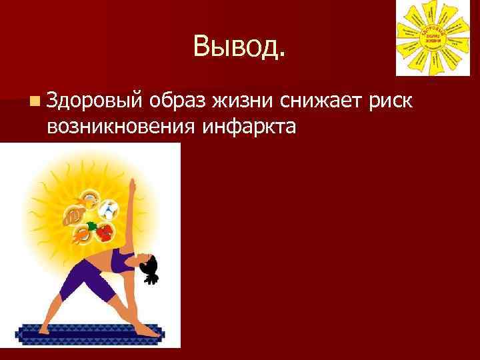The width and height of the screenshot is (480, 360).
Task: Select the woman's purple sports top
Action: (122, 261)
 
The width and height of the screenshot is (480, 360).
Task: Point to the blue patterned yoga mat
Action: (90, 331)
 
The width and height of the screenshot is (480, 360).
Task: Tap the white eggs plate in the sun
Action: (109, 211)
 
